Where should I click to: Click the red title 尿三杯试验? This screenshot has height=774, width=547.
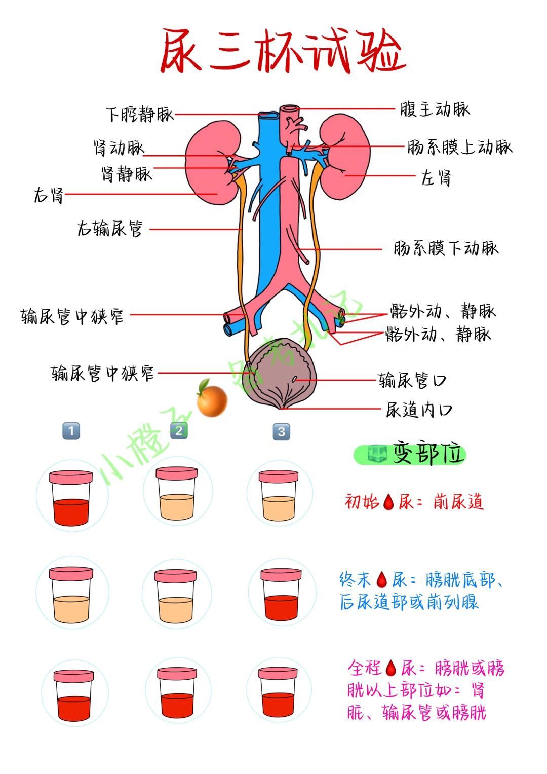click(x=283, y=52)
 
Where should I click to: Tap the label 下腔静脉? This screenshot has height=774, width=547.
click(x=139, y=114)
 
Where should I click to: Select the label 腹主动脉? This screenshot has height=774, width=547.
click(x=435, y=109)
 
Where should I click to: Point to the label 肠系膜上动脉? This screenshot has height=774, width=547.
click(x=460, y=148)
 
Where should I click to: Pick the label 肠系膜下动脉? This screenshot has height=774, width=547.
click(x=446, y=248)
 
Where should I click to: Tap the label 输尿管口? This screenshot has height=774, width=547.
click(x=412, y=380)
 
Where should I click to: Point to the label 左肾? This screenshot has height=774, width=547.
click(x=436, y=178)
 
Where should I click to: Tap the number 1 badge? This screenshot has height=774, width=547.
click(x=71, y=431)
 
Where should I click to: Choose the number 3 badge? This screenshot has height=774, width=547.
click(x=282, y=432)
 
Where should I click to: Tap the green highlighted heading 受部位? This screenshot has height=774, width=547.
click(x=409, y=454)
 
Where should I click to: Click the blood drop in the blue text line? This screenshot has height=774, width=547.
click(x=381, y=579)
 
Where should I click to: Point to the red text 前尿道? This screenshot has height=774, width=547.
click(x=458, y=502)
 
